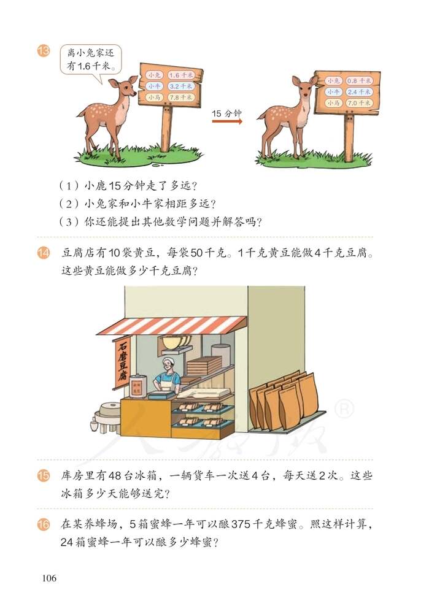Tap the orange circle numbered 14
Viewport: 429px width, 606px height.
(x=43, y=252)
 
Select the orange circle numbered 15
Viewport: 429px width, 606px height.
(x=43, y=476)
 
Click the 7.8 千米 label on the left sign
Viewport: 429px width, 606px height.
(x=180, y=97)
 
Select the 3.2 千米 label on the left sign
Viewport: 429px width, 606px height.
(x=180, y=86)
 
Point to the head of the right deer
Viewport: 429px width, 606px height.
(x=304, y=87)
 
